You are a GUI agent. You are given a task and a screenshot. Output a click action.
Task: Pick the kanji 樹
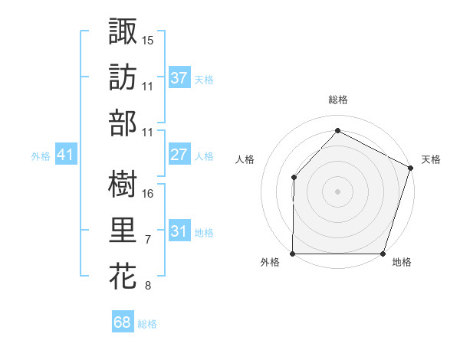point(123,184)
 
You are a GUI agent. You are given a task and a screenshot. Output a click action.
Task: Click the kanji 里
point(123,231)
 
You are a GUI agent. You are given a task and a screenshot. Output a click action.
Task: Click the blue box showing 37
point(179,77)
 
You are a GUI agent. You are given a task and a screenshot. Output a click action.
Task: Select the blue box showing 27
point(179,155)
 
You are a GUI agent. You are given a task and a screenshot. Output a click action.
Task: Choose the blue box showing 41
point(65,155)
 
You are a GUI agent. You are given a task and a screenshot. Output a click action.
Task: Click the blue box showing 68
point(122,322)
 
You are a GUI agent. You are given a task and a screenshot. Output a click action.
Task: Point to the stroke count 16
point(149,194)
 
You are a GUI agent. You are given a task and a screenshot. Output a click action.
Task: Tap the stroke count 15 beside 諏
point(149,40)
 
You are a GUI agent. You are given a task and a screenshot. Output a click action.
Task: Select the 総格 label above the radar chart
point(338,100)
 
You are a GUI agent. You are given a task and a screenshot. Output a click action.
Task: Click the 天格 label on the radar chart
point(431,159)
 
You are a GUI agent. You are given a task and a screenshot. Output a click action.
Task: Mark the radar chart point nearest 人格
point(294,177)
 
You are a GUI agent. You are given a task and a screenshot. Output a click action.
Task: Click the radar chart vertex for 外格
point(293,254)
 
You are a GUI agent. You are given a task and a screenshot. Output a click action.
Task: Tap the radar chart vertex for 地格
point(383,254)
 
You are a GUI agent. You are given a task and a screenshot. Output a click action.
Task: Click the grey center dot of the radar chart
point(337,191)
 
